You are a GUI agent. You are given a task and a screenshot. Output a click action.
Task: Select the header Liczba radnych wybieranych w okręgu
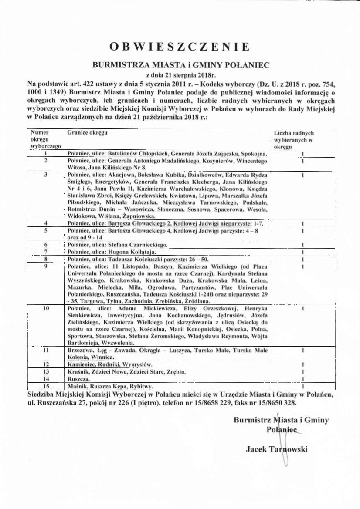point(294,139)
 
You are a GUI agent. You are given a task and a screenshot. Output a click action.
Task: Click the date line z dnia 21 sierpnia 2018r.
point(180,74)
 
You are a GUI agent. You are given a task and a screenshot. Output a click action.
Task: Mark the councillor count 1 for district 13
point(302,372)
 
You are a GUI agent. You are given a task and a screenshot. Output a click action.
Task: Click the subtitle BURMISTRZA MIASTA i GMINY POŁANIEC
point(180,65)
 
